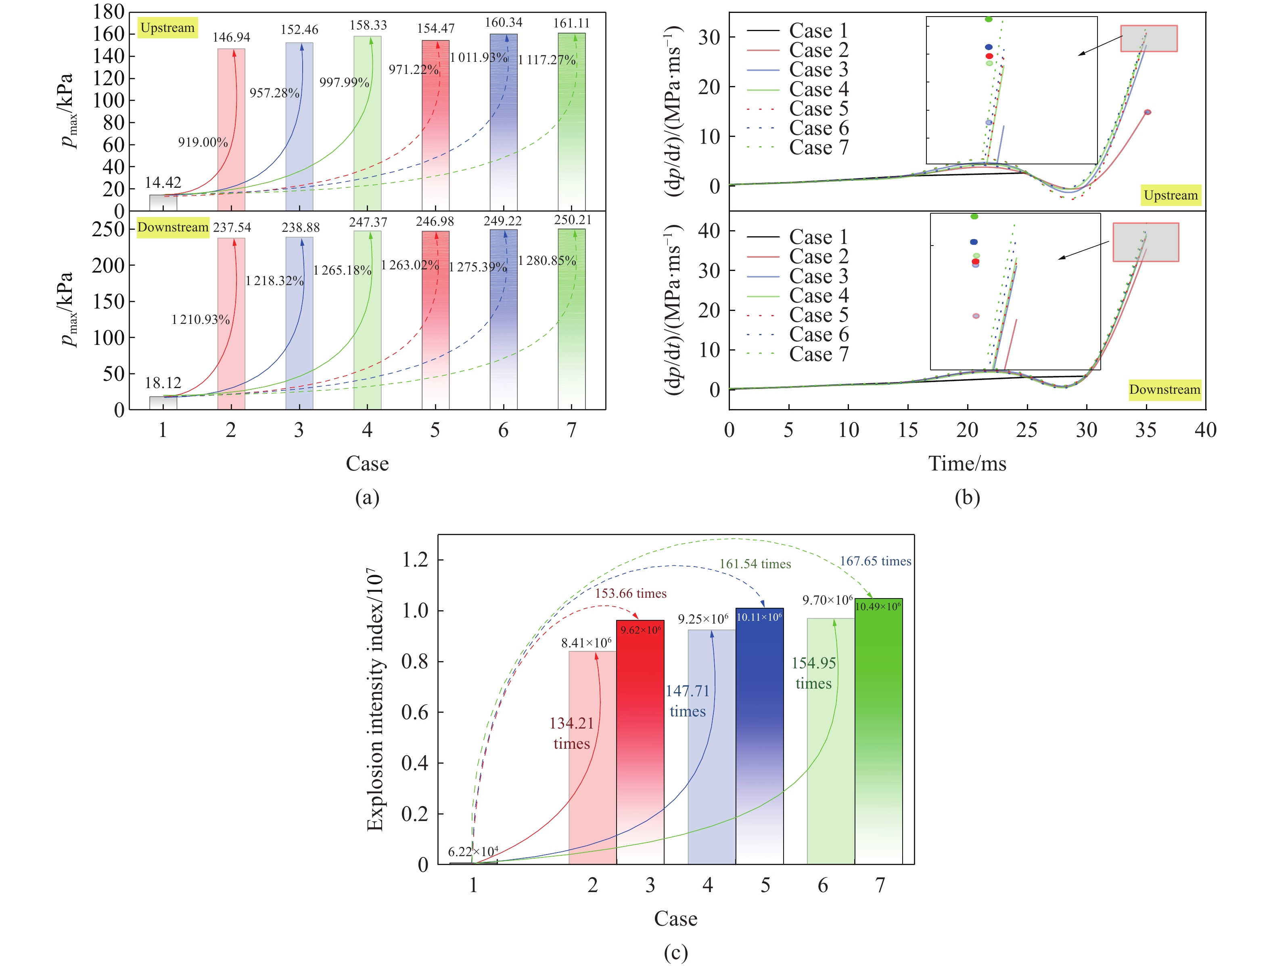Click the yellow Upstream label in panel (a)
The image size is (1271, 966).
coord(167,27)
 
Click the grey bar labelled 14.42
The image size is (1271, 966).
coord(163,202)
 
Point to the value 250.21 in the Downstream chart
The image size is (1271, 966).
coord(572,220)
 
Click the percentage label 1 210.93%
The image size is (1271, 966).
coord(201,320)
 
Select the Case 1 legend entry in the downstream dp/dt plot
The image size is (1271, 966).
coord(798,237)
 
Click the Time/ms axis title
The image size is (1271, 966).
coord(967,464)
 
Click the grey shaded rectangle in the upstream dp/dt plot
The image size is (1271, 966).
coord(1149,38)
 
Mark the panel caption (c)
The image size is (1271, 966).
coord(676,952)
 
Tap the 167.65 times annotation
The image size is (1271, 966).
coord(875,561)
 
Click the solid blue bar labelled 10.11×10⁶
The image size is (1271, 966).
coord(759,736)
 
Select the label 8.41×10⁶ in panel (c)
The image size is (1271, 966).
coord(586,643)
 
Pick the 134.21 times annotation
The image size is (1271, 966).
coord(571,733)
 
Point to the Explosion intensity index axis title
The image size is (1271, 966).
coord(374,699)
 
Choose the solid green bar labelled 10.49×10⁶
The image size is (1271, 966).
coord(878,730)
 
